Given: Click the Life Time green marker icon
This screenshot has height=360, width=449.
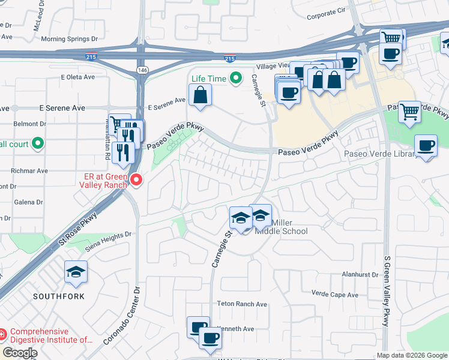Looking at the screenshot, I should (x=236, y=78).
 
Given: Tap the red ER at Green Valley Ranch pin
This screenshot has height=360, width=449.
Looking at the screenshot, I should (x=136, y=179).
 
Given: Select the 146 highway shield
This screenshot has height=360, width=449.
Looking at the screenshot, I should (x=142, y=70).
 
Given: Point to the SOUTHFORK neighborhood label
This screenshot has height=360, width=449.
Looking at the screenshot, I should (x=59, y=296).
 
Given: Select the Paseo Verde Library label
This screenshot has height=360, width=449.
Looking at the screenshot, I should (x=381, y=154).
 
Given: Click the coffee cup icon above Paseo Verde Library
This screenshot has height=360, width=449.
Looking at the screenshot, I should (x=426, y=146).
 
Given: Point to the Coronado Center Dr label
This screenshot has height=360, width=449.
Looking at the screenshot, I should (x=122, y=314).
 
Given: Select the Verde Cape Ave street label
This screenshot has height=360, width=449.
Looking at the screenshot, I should (x=334, y=294).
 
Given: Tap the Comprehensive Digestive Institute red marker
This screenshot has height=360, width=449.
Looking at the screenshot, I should (x=2, y=333).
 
